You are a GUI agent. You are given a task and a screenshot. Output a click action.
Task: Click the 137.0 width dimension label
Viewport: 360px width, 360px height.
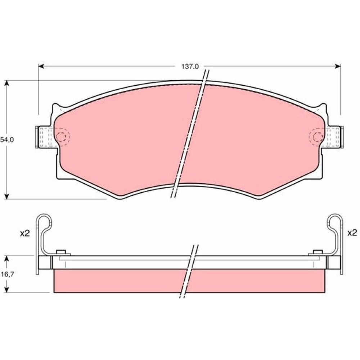point(190,67)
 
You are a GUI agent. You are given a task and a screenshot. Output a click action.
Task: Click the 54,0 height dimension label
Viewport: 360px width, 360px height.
point(7,140)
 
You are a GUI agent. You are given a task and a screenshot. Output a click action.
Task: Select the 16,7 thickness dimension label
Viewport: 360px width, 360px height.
point(7,274)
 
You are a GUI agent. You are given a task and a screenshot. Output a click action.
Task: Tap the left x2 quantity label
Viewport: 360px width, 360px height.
point(25,234)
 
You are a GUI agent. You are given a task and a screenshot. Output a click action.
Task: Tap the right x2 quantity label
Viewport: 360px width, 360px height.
point(352,233)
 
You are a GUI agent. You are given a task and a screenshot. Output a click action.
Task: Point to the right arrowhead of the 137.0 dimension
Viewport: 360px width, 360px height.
point(338,66)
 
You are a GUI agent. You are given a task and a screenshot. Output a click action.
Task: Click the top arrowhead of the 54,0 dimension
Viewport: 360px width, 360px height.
point(7,83)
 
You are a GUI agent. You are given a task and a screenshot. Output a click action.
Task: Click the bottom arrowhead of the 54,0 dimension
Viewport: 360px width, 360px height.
point(7,196)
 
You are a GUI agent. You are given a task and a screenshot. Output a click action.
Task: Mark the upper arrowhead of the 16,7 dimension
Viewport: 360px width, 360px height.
point(7,258)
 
